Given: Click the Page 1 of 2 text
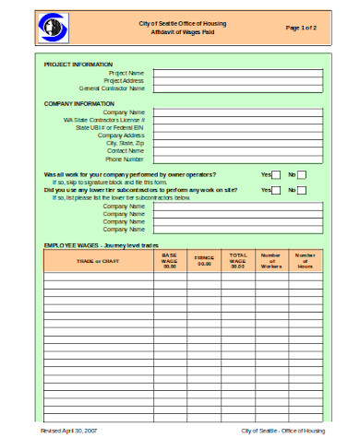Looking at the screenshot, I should [x=301, y=28].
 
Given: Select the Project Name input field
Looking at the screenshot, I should [x=238, y=72].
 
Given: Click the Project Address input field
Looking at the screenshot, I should [x=238, y=80].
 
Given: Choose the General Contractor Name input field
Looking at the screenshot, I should [x=238, y=89].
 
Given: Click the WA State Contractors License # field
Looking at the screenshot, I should [x=238, y=120].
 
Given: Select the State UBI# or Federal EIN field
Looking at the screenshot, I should [x=238, y=127].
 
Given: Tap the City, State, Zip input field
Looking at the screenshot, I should [x=238, y=143].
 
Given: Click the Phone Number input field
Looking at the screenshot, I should [x=238, y=159].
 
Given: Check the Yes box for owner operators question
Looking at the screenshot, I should [x=276, y=174].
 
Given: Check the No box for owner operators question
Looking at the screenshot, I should [x=302, y=174].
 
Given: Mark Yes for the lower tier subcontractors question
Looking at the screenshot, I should [x=276, y=190].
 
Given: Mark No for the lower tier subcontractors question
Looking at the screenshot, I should [x=302, y=190].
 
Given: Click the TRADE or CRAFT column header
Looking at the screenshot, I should [x=98, y=261].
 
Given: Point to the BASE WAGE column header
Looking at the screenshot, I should [x=169, y=261].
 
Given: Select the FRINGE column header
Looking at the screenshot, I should [x=204, y=261].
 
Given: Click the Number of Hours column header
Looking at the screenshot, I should [x=305, y=261].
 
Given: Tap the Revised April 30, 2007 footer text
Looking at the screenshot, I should [x=69, y=431].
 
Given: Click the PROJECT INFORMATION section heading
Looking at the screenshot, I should [x=78, y=64].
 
